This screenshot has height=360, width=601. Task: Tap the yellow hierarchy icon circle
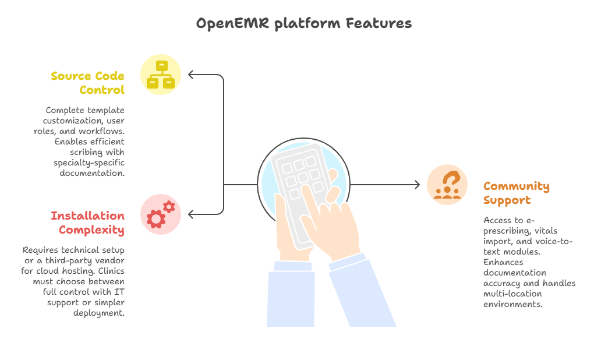161,75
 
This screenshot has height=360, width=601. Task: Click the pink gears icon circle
161,214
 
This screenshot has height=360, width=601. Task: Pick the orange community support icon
447,185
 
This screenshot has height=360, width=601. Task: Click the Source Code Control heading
87,83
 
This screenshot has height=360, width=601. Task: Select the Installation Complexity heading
87,223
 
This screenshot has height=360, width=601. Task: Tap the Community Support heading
516,193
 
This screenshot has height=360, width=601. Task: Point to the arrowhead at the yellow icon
190,75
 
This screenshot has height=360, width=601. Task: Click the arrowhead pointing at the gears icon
190,214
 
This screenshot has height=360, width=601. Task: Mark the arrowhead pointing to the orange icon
417,185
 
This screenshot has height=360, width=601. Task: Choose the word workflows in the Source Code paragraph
101,130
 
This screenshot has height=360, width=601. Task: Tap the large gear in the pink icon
156,218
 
